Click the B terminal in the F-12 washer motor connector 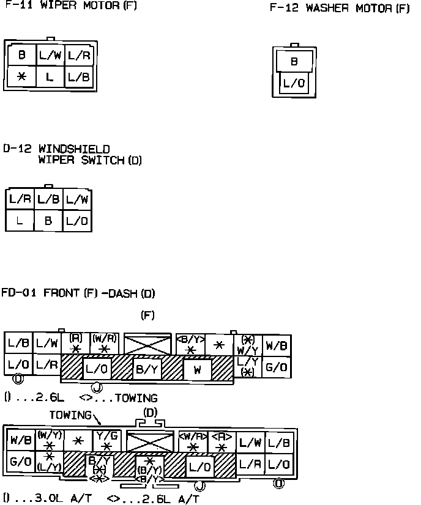[294, 61]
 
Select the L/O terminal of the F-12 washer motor [294, 83]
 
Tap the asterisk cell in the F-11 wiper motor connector [21, 77]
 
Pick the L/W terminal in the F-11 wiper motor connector [50, 55]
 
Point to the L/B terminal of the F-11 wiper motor [79, 77]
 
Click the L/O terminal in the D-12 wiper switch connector [78, 221]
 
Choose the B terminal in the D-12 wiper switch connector [49, 221]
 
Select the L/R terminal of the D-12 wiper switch [20, 199]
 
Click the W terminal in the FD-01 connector [197, 369]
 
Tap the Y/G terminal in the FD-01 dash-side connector [107, 440]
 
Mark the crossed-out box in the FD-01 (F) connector [147, 344]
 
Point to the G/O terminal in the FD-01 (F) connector [277, 368]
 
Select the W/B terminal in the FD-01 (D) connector [20, 440]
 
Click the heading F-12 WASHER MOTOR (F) [339, 9]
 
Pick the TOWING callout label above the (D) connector [71, 415]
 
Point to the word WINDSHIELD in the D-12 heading [74, 149]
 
